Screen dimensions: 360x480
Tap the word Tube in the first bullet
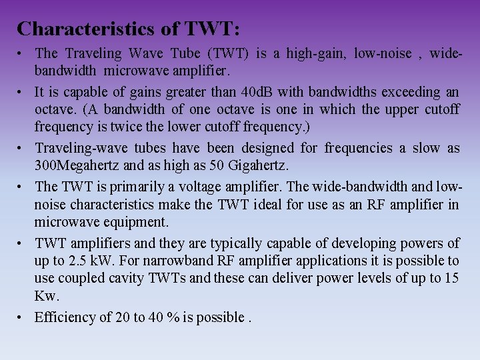click(185, 53)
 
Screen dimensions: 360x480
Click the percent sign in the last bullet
click(173, 317)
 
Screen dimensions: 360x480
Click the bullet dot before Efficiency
click(21, 317)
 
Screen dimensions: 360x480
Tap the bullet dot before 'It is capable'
click(21, 91)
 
